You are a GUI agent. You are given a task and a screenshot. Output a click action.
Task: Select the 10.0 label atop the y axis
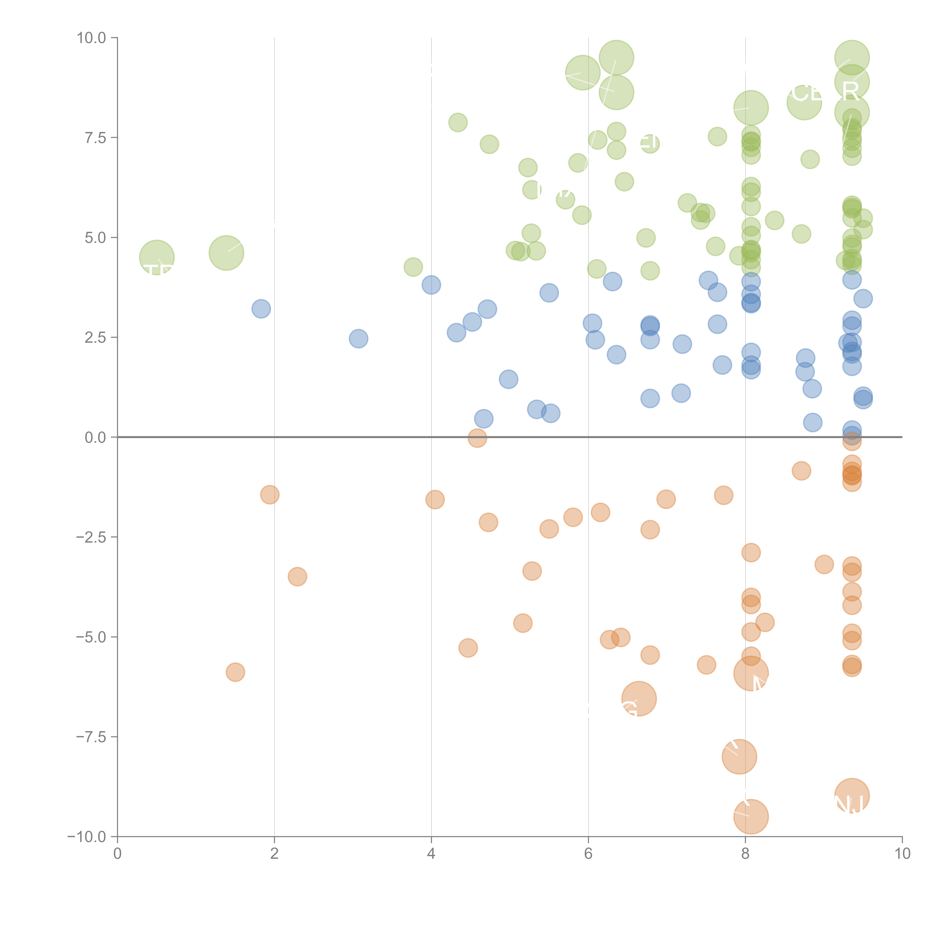(x=92, y=38)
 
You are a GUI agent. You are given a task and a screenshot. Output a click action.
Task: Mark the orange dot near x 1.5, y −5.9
(x=236, y=672)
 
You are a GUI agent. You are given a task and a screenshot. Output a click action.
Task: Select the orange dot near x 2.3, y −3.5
(x=297, y=577)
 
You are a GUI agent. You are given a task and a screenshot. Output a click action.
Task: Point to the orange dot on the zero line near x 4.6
(x=477, y=438)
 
